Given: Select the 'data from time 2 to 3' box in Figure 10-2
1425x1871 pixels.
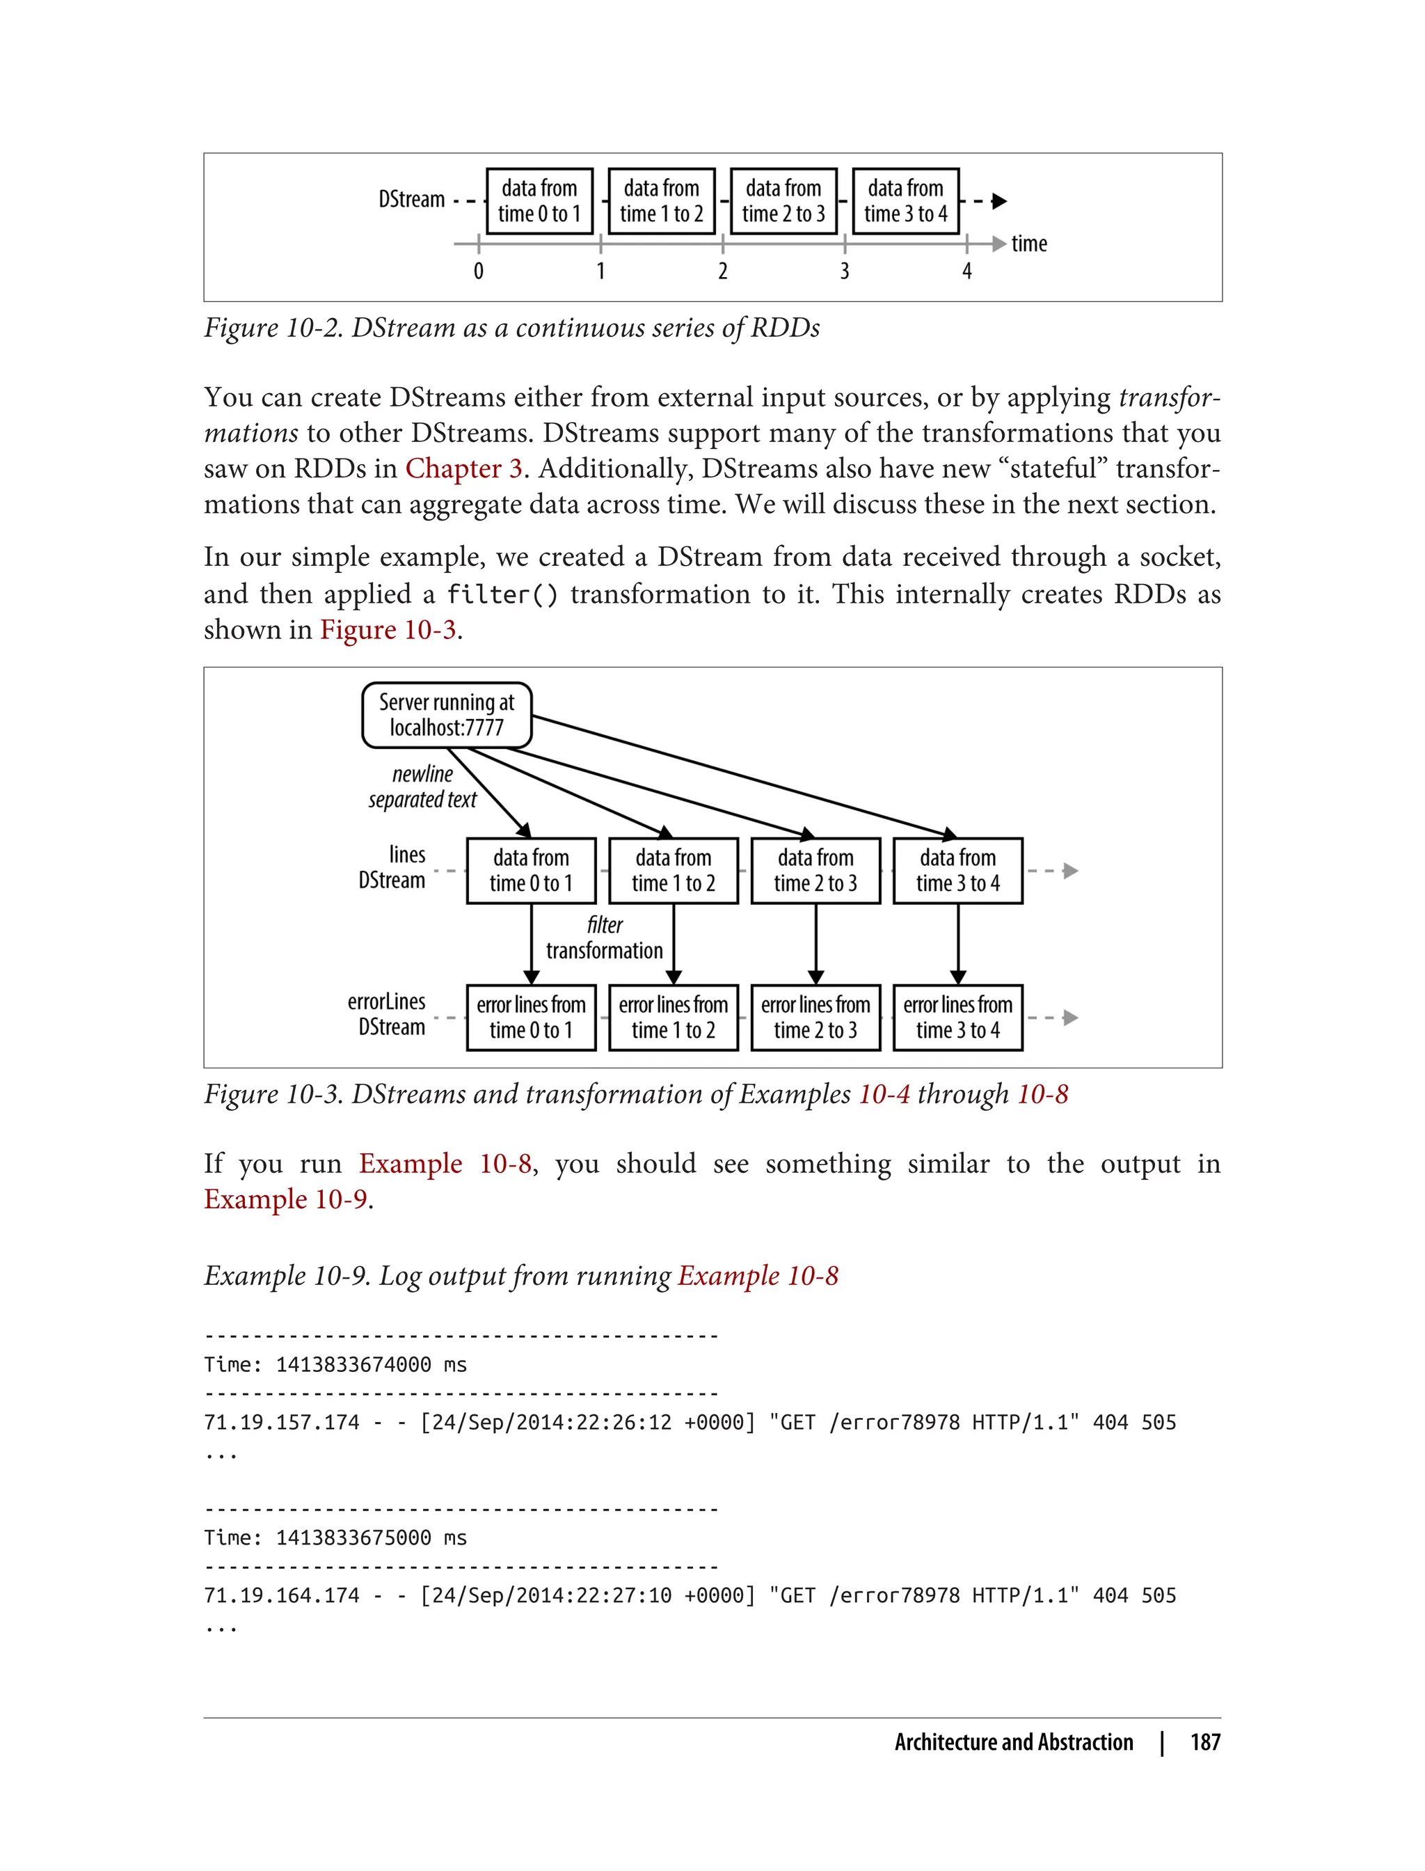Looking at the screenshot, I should click(x=783, y=201).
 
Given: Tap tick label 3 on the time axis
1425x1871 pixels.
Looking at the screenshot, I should click(x=844, y=271).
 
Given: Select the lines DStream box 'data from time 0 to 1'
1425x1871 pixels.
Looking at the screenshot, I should click(x=531, y=870).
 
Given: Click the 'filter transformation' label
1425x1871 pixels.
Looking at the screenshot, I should click(x=604, y=938).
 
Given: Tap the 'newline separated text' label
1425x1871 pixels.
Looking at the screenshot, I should click(x=422, y=787).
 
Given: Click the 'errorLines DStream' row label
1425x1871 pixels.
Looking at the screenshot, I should click(x=388, y=1014).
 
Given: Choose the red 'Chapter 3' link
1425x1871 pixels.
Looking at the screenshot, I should click(x=463, y=468).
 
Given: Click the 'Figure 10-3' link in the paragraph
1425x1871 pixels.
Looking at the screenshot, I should click(x=388, y=630).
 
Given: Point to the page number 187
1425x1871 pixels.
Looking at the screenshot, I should click(x=1204, y=1742).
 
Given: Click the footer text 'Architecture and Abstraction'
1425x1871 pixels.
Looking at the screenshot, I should click(x=1013, y=1742).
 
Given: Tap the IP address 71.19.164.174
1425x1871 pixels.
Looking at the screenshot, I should click(x=282, y=1595).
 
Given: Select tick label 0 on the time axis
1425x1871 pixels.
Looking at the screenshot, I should click(x=479, y=271).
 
